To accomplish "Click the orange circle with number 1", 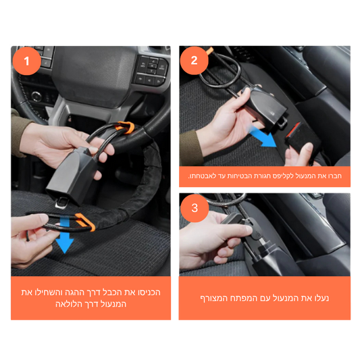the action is tap(26, 61).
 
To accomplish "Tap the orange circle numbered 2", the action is tap(195, 60).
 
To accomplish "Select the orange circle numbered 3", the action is tap(195, 208).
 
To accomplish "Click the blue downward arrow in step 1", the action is tap(65, 235).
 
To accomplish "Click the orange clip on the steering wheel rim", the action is tap(126, 128).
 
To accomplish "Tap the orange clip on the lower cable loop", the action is tap(85, 222).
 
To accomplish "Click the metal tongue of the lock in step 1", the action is tap(61, 203).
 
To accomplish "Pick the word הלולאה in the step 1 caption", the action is tap(69, 304).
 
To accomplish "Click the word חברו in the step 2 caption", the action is tap(334, 176).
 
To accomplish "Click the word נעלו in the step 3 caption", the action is tap(321, 298).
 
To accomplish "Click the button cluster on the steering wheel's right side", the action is tap(151, 70).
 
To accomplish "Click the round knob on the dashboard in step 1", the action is tap(36, 97).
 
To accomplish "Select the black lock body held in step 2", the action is tap(266, 108).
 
